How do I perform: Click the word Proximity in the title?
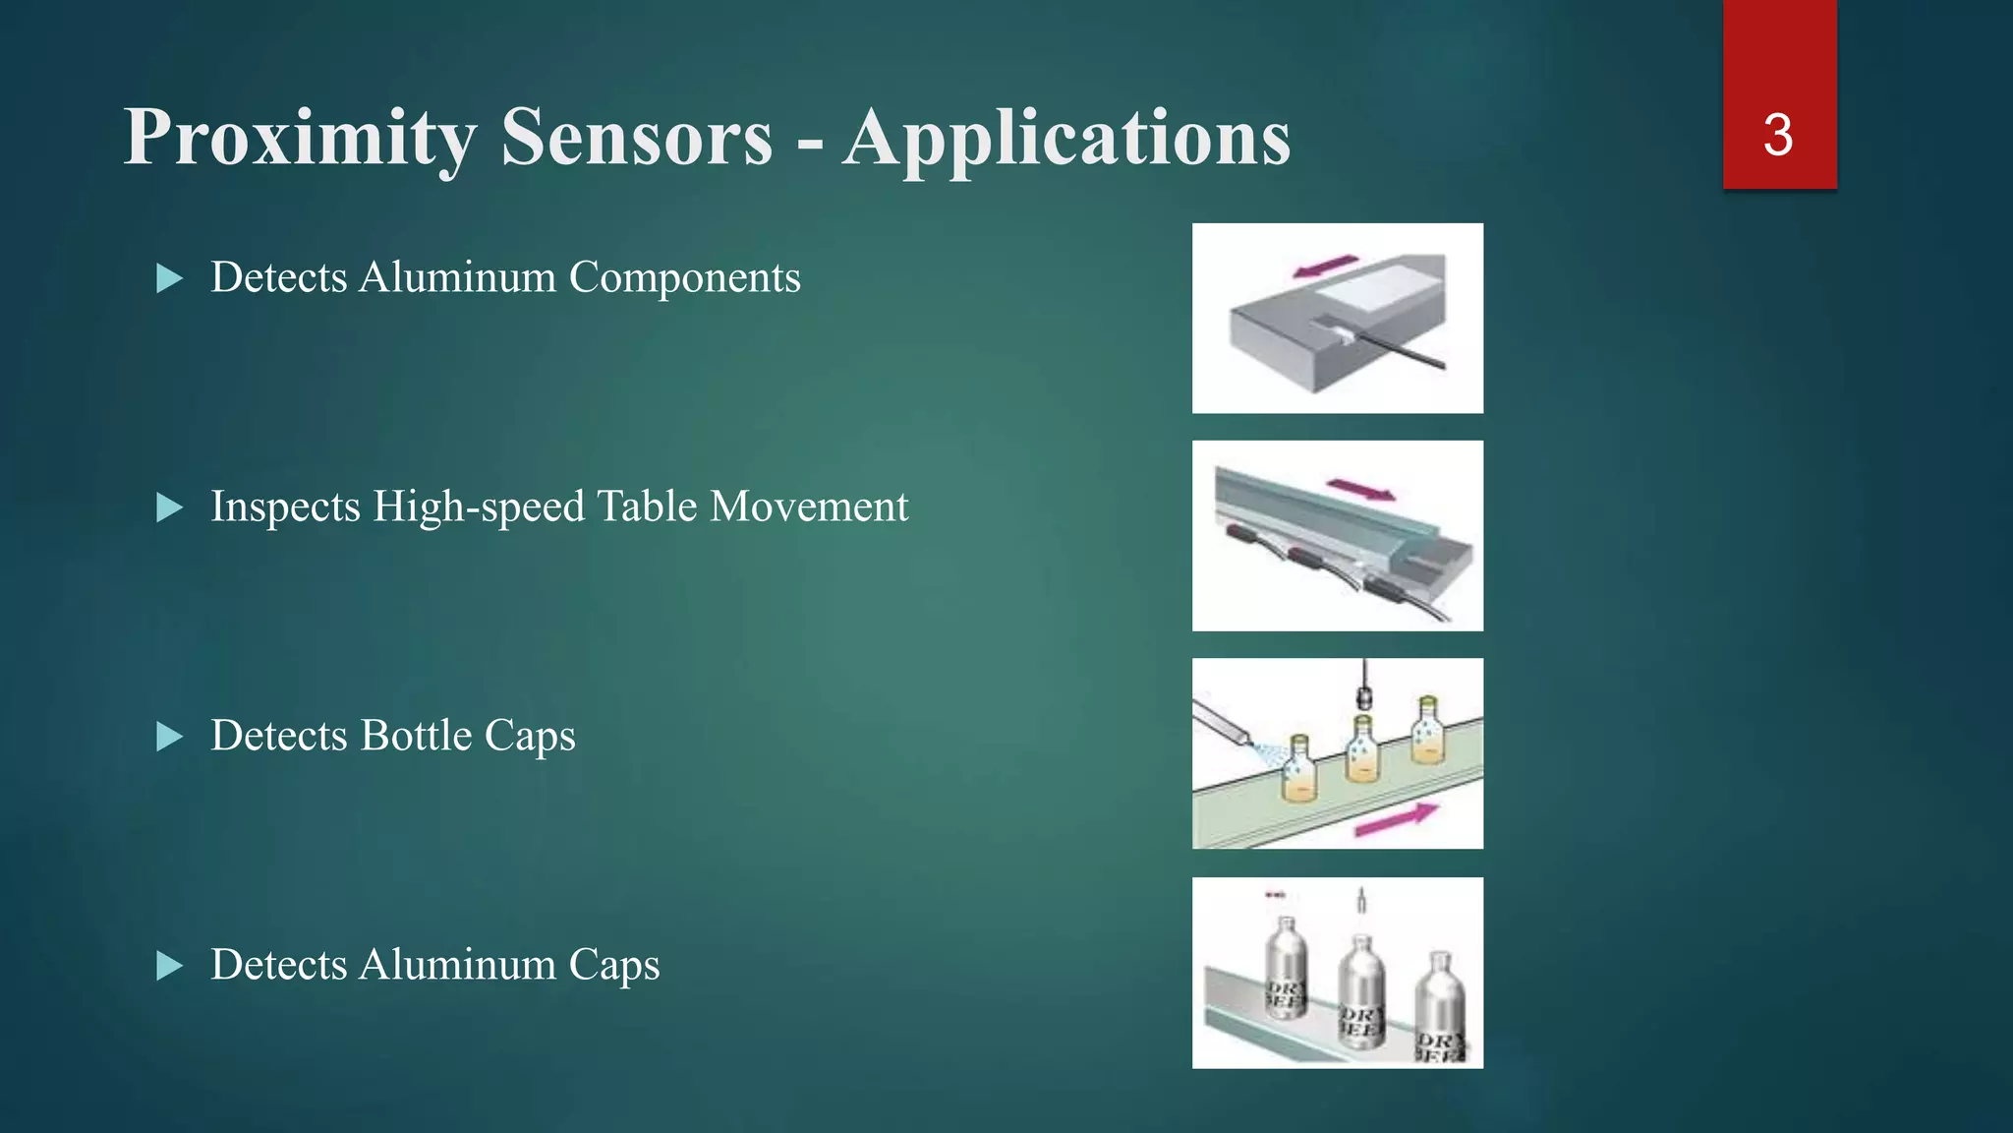[x=300, y=138]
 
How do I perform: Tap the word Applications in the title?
[x=1066, y=138]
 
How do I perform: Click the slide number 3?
[x=1778, y=135]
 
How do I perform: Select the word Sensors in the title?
[x=637, y=138]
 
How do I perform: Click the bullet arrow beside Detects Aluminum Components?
[x=170, y=278]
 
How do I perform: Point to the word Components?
[x=685, y=278]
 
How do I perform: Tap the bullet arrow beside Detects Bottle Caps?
[x=170, y=737]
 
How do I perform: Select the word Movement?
[x=808, y=507]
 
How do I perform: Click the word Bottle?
[x=417, y=736]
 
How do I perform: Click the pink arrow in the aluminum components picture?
[x=1325, y=267]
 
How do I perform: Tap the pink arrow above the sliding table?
[x=1360, y=489]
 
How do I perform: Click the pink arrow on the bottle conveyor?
[x=1396, y=818]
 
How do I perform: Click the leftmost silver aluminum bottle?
[x=1284, y=969]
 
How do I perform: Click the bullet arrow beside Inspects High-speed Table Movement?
[x=170, y=507]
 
